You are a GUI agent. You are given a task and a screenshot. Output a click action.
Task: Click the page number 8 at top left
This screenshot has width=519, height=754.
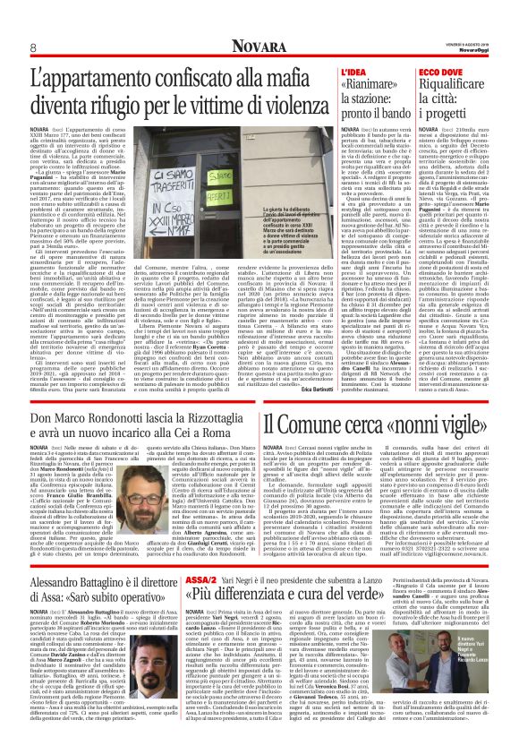click(32, 47)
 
